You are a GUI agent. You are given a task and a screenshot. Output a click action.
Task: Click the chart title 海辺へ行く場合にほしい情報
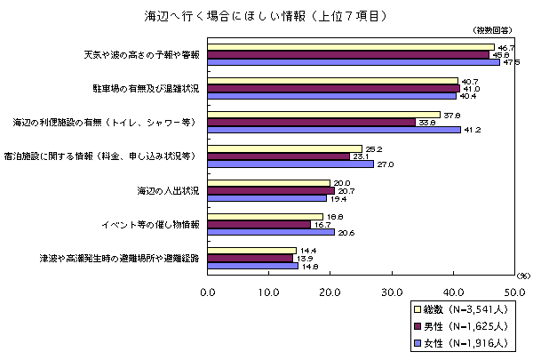coord(266,15)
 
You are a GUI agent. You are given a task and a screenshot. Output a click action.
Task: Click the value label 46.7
coord(507,47)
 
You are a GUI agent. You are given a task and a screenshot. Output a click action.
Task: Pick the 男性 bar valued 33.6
coord(311,122)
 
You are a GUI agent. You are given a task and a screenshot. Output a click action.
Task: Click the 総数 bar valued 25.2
coord(285,148)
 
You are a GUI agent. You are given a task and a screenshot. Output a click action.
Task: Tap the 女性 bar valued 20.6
coord(271,232)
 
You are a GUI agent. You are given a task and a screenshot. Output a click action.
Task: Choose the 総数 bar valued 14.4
coord(252,250)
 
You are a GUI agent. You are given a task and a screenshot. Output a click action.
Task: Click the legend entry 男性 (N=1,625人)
coord(462,325)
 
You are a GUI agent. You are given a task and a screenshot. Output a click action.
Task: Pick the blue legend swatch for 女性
coord(417,341)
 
